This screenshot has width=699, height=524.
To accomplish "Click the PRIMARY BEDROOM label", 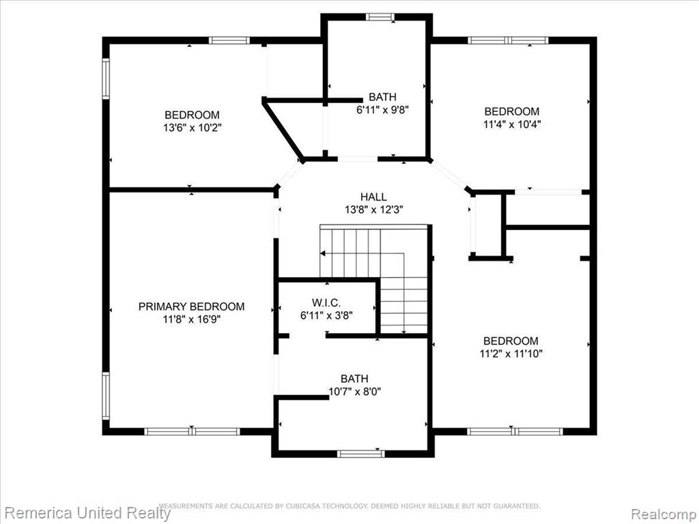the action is coord(191,306).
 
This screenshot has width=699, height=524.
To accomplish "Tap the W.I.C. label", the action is coord(326,303).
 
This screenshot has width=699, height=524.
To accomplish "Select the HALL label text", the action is coord(373,196).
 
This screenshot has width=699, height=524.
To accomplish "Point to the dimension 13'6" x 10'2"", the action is coord(192,128).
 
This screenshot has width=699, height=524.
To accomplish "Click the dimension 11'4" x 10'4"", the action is coord(512,124).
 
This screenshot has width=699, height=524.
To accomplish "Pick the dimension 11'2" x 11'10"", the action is coord(511,354).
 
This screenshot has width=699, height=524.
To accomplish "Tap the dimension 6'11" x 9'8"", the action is coord(382,110).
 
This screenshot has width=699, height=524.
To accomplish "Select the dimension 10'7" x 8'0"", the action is coord(355,392).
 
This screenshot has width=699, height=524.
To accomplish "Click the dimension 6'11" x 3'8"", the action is coord(327,316).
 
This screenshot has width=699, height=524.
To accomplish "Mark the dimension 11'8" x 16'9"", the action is coord(192,319).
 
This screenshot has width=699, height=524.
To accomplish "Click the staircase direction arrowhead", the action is coord(323,254).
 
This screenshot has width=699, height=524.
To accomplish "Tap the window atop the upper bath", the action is coord(380,17).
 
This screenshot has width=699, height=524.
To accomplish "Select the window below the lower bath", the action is coord(360,454).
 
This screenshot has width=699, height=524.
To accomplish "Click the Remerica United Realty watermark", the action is coord(87,512).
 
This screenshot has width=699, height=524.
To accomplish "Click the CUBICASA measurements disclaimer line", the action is coord(350,506).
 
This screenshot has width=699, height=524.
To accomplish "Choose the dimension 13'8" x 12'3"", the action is coord(374,209).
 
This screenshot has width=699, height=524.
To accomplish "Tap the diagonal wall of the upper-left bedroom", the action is coord(283,132).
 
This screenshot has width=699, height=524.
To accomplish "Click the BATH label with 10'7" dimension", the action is coord(354,379).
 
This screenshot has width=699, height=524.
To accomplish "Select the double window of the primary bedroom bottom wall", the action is coord(192,431).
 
